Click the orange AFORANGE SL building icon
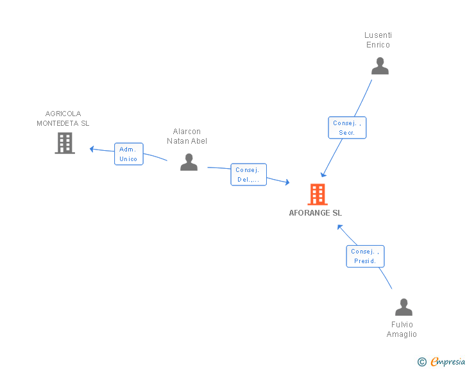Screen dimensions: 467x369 [318, 194]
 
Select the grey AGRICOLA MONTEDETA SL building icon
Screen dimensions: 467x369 [65, 143]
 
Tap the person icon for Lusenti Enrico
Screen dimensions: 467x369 [380, 66]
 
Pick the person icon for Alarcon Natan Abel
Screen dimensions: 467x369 [189, 162]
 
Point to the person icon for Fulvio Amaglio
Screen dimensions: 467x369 [403, 307]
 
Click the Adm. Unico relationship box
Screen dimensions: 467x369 [129, 154]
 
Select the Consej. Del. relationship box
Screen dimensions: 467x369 [248, 175]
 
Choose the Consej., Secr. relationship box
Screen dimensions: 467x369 [347, 128]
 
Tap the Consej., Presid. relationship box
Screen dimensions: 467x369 [365, 256]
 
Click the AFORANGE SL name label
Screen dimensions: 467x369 [316, 213]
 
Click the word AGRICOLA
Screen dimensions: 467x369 [63, 114]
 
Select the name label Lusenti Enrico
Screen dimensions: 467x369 [378, 40]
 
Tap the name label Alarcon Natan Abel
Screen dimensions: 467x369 [187, 136]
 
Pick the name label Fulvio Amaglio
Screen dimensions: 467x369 [402, 329]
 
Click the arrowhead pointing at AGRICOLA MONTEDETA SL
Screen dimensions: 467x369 [92, 149]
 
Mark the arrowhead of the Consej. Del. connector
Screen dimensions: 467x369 [287, 182]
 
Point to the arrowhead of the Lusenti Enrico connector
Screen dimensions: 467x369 [323, 175]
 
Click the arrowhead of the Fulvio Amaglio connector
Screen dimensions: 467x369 [339, 227]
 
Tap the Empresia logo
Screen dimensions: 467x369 [441, 361]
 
